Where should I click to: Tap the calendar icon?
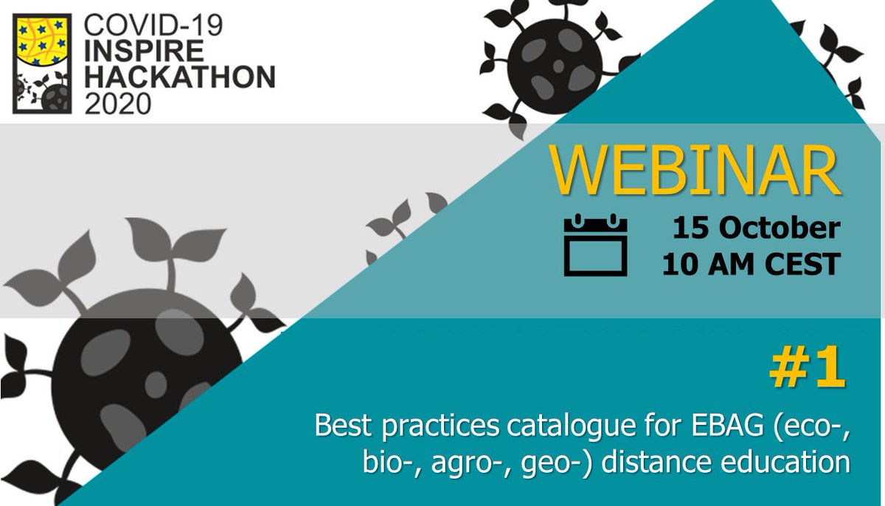(x=595, y=245)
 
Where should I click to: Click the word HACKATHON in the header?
(x=179, y=77)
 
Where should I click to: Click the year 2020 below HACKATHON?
(x=118, y=102)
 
